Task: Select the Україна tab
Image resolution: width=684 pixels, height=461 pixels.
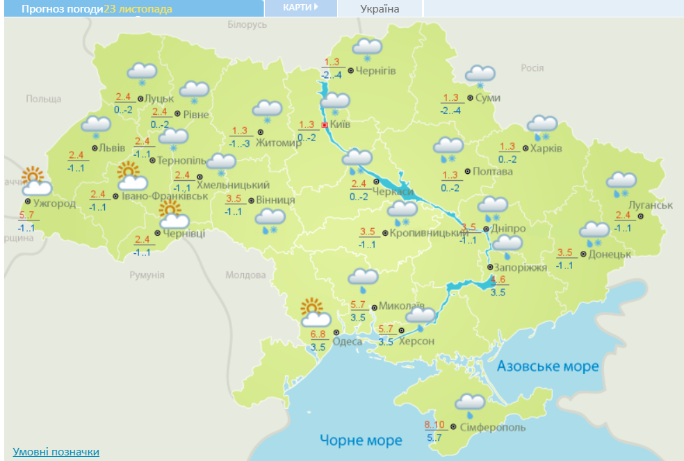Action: (x=380, y=9)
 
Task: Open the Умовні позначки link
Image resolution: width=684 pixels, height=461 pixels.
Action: (x=56, y=452)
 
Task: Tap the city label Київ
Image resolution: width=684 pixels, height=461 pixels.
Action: (x=341, y=124)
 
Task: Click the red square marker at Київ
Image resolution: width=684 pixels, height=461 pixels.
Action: (x=325, y=125)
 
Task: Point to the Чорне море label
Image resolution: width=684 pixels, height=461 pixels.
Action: (x=361, y=440)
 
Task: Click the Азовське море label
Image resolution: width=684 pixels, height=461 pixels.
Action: (x=548, y=366)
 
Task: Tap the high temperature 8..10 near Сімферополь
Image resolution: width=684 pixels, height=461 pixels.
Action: (x=435, y=425)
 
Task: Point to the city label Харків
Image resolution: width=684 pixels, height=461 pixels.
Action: (x=546, y=148)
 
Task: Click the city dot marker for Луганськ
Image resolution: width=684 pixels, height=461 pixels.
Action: (x=641, y=216)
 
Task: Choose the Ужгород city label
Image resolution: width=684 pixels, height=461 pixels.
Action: (x=54, y=204)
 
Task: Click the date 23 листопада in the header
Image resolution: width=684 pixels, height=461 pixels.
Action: (x=138, y=9)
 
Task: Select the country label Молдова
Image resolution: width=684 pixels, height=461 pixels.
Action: (x=245, y=275)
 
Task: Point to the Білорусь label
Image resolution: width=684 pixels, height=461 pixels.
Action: (x=247, y=24)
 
